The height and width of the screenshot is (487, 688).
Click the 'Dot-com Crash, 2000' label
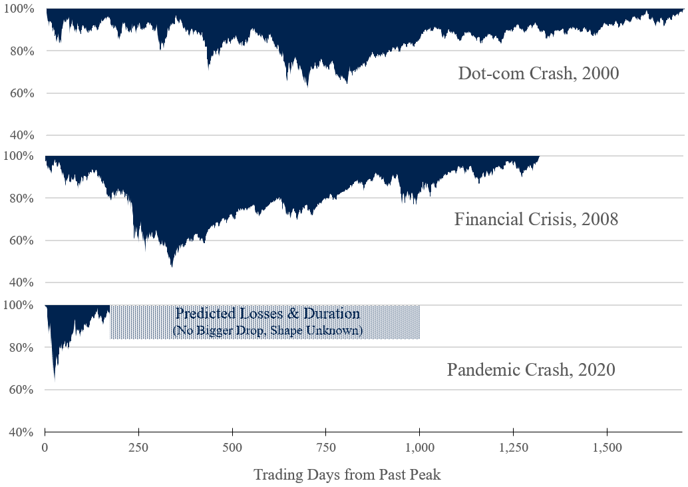coord(538,73)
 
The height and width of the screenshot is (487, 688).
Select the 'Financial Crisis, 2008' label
coord(536,219)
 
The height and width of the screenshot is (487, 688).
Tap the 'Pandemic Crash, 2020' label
coord(531,369)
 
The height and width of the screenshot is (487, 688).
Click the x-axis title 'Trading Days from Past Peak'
coord(347,474)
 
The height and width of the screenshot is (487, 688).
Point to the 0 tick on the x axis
coord(45,446)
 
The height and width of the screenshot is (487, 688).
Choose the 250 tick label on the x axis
coord(138,446)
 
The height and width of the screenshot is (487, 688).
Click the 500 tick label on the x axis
coord(232,446)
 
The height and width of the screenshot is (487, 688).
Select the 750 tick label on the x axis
coord(325,446)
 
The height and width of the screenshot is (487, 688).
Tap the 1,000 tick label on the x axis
coord(419,446)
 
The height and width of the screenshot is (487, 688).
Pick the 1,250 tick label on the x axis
coord(513,446)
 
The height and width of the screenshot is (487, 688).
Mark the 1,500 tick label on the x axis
coord(607,446)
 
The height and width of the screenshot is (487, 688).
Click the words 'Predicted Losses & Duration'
coord(268,314)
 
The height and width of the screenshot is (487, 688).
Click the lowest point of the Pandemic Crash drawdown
coord(55,379)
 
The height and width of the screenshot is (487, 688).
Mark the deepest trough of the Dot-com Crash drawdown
coord(307,86)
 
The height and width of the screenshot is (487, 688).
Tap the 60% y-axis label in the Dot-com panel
coord(21,93)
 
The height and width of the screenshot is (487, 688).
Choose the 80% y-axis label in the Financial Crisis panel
coord(21,199)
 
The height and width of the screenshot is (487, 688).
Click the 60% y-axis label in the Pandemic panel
coord(21,390)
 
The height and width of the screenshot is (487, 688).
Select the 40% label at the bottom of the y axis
coord(21,432)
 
